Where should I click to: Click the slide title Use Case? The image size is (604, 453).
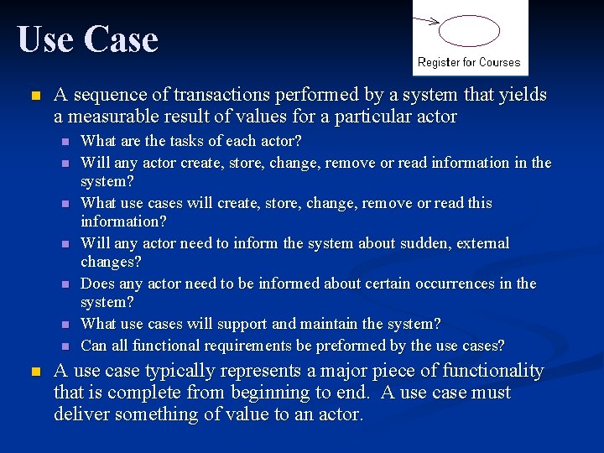[87, 39]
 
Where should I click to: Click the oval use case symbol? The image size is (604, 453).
[470, 31]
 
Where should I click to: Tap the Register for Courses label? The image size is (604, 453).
[469, 62]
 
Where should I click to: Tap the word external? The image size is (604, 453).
[481, 243]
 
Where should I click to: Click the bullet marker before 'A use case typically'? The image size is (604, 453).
[34, 372]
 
